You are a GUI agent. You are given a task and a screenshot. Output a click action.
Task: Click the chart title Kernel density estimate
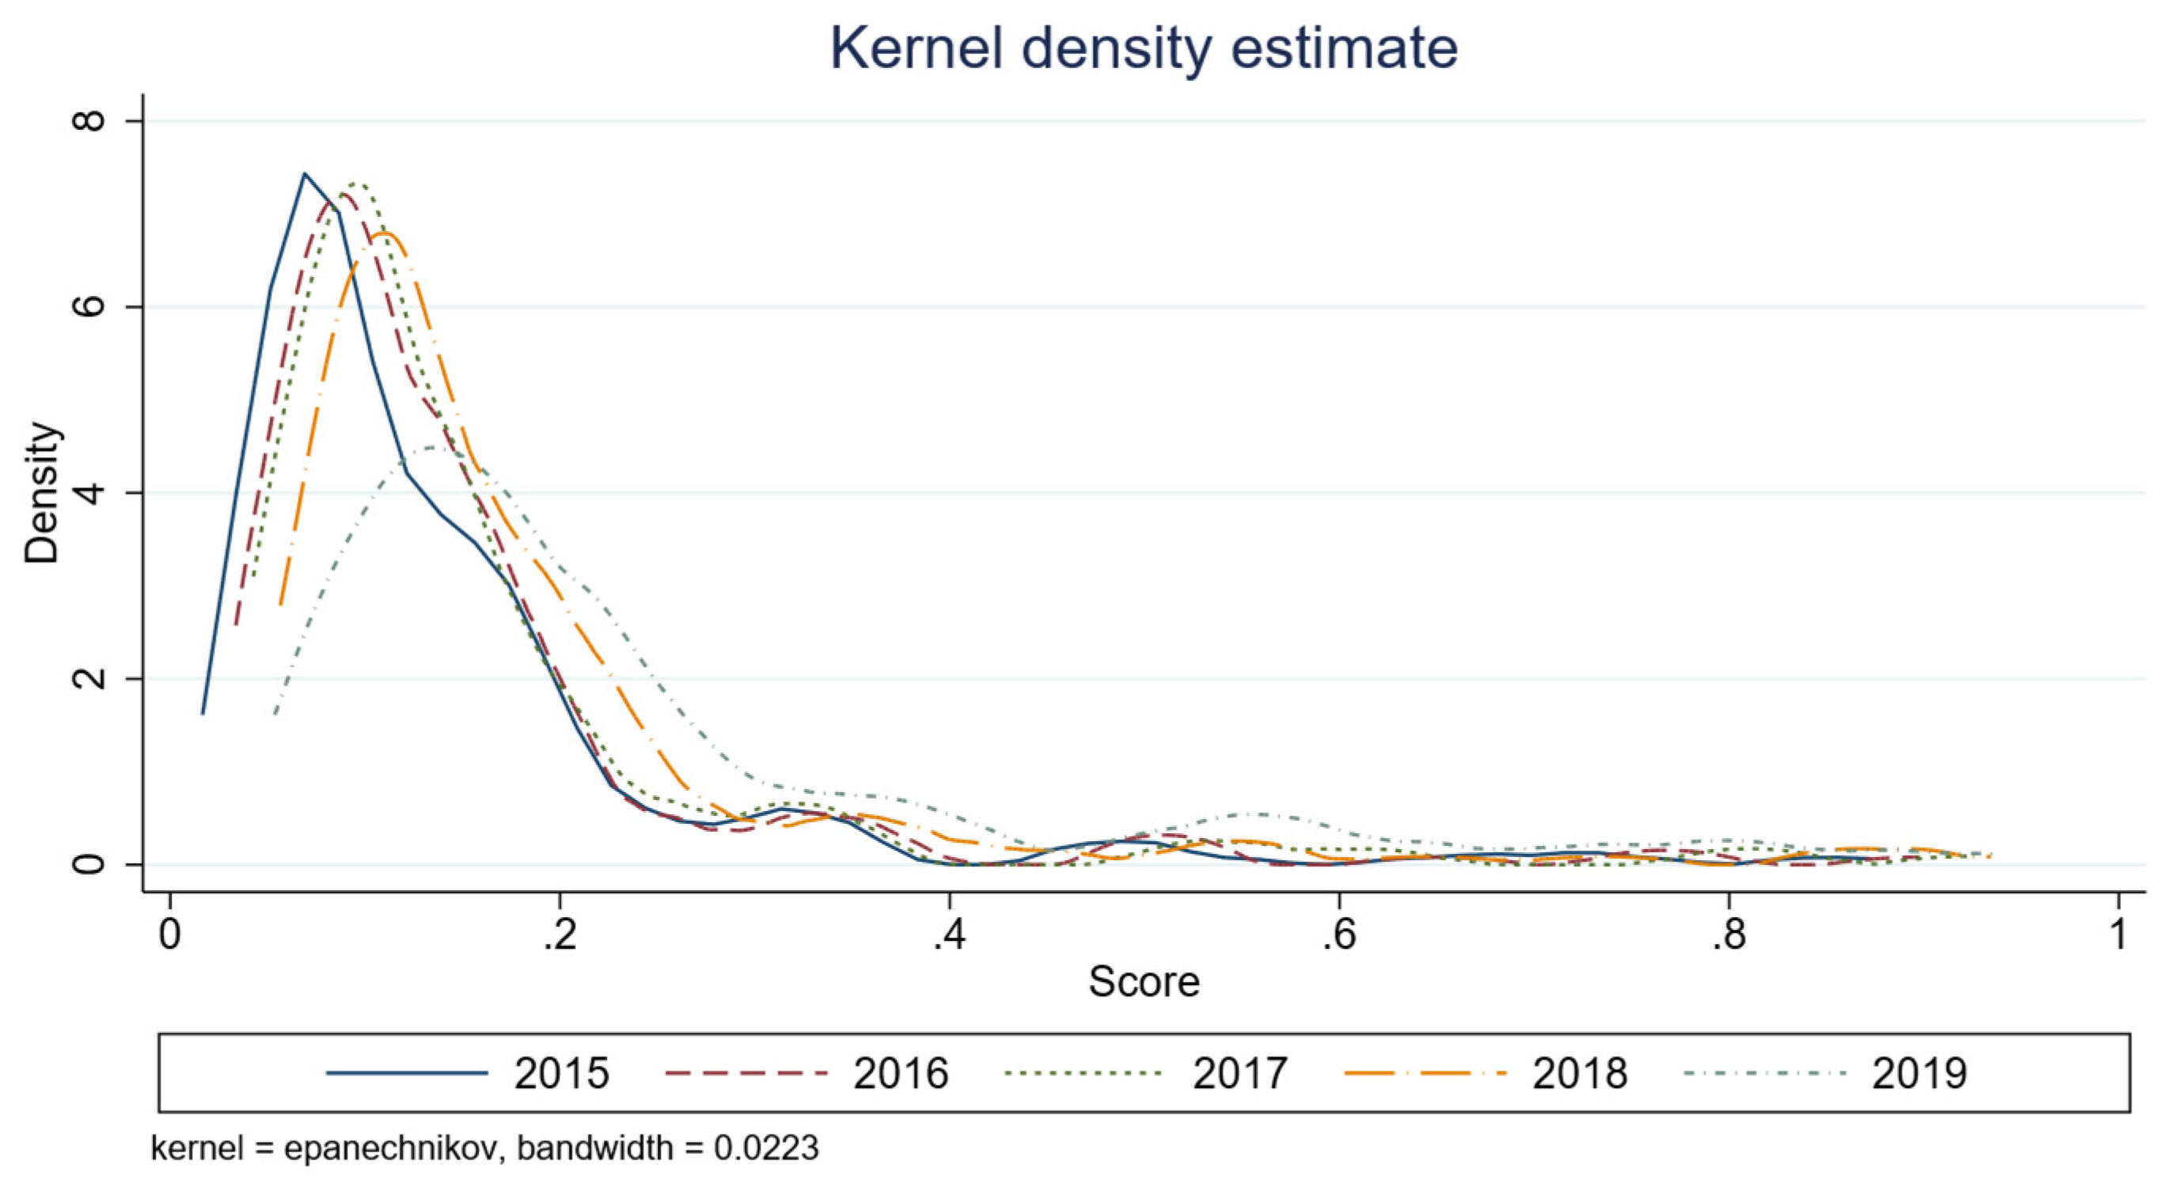(1143, 48)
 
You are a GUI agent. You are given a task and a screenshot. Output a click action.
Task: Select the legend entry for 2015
(561, 1074)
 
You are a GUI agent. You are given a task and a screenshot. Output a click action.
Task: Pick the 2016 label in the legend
(901, 1074)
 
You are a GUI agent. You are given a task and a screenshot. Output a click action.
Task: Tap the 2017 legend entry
(1239, 1074)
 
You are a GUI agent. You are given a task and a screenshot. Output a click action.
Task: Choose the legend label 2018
(1580, 1074)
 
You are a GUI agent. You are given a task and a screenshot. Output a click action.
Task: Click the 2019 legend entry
(1919, 1074)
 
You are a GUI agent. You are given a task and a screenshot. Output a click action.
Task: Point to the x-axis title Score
(1143, 981)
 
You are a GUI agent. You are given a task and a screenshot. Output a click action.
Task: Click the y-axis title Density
(42, 492)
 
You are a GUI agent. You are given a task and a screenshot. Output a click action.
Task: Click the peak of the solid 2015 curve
(305, 174)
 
